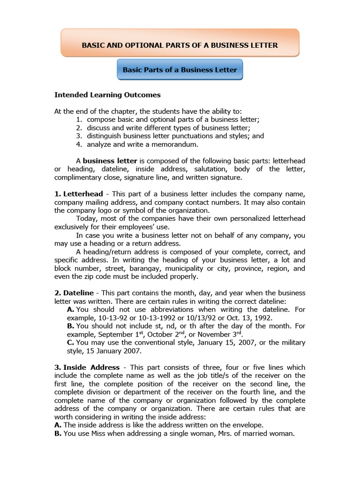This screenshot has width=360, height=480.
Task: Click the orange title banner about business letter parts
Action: point(180,45)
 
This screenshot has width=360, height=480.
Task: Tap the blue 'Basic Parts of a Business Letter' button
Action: point(180,70)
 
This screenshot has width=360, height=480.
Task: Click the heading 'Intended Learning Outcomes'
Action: point(107,95)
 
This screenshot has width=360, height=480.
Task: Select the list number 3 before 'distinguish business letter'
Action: point(79,136)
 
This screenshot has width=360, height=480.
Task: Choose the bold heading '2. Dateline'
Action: point(74,293)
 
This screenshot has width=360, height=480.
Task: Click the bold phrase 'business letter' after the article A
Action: point(110,161)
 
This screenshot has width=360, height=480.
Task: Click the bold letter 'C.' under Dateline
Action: point(71,343)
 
